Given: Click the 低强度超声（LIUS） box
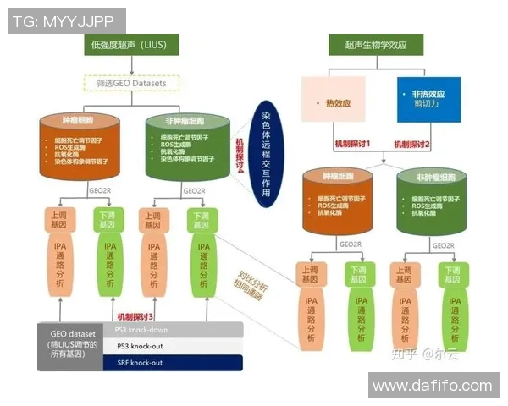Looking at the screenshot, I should click(132, 43).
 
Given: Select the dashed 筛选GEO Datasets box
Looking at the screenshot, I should click(131, 83).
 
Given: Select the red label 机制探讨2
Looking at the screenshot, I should click(414, 145).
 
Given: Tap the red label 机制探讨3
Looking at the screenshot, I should click(138, 315).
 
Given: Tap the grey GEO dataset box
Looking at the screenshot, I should click(74, 346).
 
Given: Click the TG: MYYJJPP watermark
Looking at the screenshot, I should click(67, 21).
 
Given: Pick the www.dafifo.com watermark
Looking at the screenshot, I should click(432, 386).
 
